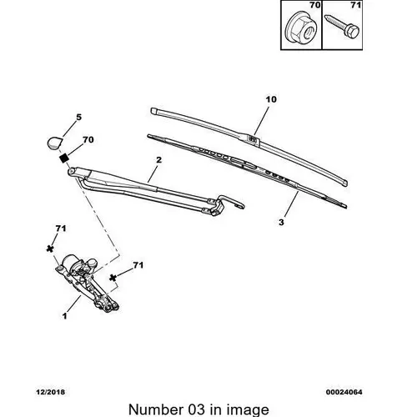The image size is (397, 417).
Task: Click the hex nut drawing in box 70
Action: click(302, 28)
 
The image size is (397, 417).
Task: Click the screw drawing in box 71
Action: click(342, 27)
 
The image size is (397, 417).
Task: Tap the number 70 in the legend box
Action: click(314, 5)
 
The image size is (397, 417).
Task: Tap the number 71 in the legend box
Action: click(355, 5)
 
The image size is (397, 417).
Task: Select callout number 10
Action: click(271, 99)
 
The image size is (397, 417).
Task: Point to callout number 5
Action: click(79, 118)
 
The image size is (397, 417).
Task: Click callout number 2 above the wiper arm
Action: click(158, 160)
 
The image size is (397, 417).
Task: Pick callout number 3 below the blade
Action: click(281, 223)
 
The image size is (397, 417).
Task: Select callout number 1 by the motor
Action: click(65, 316)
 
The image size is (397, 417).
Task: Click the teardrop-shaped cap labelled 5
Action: click(54, 143)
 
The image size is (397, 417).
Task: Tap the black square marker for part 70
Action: click(64, 158)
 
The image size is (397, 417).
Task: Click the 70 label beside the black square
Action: click(88, 139)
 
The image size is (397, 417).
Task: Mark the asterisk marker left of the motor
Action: click(50, 249)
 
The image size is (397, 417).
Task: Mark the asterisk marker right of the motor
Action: click(113, 278)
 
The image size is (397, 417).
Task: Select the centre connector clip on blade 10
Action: click(253, 139)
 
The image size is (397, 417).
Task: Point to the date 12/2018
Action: click(50, 392)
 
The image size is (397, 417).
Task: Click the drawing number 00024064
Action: click(344, 392)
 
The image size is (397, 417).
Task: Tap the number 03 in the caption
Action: click(195, 409)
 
